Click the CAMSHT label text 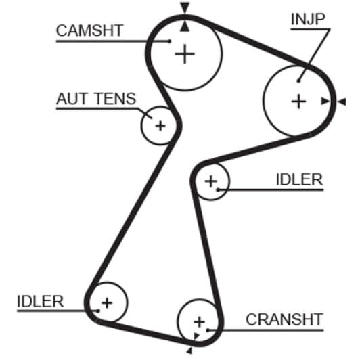(x=89, y=30)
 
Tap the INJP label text (x=308, y=19)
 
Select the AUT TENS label (x=96, y=99)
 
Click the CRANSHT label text (x=284, y=319)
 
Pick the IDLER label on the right (x=299, y=179)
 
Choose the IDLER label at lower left (x=41, y=301)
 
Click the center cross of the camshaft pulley (x=185, y=54)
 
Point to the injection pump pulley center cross (x=298, y=102)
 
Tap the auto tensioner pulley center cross (x=160, y=126)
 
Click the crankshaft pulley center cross (x=199, y=321)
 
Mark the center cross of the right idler (x=211, y=181)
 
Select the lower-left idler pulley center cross (x=107, y=303)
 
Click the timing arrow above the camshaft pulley (x=185, y=7)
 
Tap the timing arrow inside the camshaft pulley (x=185, y=26)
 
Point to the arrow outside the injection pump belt (x=342, y=102)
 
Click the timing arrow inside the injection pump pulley (x=325, y=102)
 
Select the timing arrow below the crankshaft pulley (x=189, y=351)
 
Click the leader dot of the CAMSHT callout (x=169, y=41)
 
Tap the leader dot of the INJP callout (x=298, y=81)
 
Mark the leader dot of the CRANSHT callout (x=207, y=330)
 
